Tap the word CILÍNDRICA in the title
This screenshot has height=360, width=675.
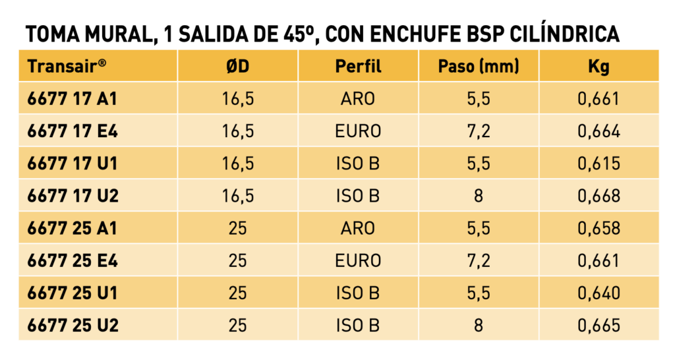point(564,34)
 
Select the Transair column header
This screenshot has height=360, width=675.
point(67,67)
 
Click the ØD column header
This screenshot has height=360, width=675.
point(237,67)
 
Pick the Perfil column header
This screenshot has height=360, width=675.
point(358,67)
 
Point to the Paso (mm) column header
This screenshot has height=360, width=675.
point(479,67)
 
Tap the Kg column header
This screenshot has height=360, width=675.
point(599,67)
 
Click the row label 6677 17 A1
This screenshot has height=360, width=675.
point(73,99)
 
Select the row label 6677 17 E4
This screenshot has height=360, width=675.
point(73,131)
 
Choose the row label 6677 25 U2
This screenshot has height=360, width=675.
point(73,325)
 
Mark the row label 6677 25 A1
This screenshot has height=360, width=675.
point(73,227)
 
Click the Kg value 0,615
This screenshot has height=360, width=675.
point(599,164)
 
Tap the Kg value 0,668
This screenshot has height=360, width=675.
point(599,196)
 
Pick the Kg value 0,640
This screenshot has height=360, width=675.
point(599,293)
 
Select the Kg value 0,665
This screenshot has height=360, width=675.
point(599,325)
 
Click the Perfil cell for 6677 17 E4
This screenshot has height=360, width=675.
point(358,131)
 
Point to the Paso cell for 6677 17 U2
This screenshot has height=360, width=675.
point(479,196)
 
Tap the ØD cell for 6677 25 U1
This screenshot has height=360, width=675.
point(237,293)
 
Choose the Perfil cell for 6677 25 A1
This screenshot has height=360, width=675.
point(358,227)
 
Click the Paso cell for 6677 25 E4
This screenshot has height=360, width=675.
point(479,260)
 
